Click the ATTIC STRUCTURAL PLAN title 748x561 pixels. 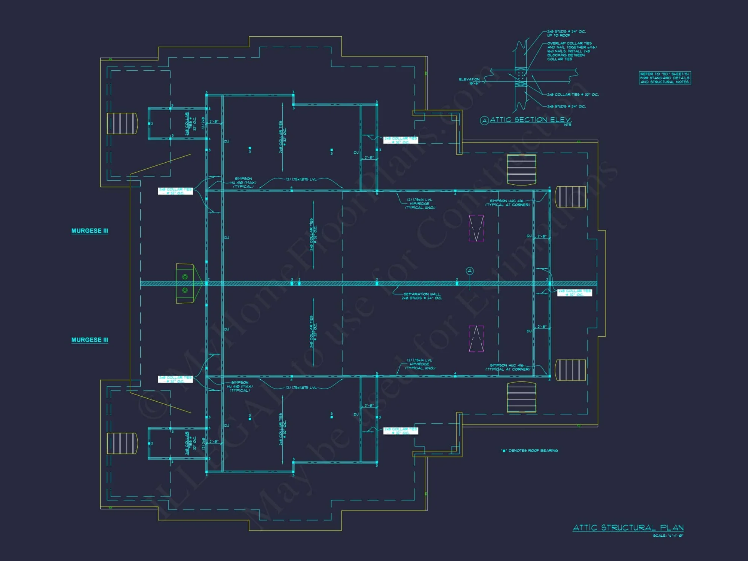tap(628, 528)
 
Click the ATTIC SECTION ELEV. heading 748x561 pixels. tap(530, 120)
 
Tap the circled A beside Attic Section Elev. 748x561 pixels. tap(484, 120)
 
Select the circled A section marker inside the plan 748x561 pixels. tap(470, 271)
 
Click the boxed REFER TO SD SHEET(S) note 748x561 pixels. tap(665, 78)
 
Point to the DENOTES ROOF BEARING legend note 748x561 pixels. tap(529, 451)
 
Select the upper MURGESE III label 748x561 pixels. tap(90, 231)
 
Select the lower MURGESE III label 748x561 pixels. tap(90, 340)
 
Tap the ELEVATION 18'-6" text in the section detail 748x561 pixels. tap(470, 81)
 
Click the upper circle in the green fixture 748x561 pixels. tap(185, 277)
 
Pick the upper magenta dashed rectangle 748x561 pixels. tap(476, 228)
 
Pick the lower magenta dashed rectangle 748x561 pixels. tap(476, 338)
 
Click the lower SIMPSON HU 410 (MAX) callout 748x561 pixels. tap(240, 386)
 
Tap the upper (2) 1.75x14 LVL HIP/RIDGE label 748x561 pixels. tap(420, 203)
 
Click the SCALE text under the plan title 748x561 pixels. tap(668, 536)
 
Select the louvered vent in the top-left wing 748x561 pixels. tap(122, 123)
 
